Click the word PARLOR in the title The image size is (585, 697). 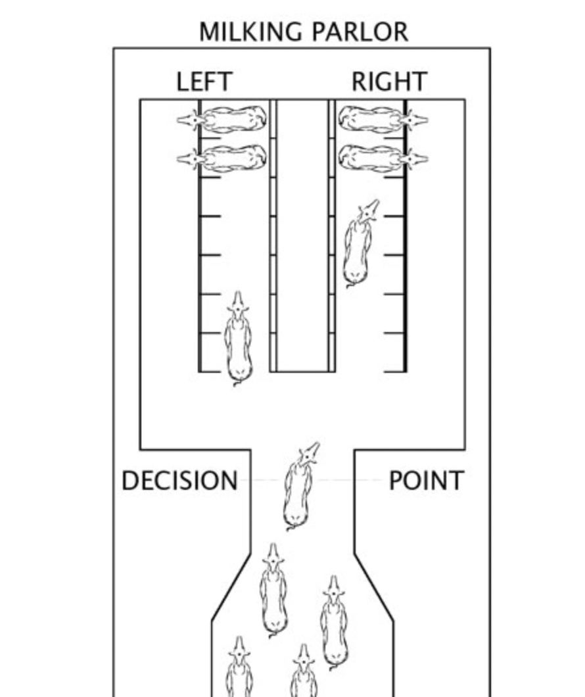click(x=360, y=32)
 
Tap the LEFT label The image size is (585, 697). click(x=204, y=82)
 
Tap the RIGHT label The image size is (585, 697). click(x=390, y=82)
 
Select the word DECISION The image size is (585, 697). click(x=179, y=481)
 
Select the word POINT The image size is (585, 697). click(x=427, y=481)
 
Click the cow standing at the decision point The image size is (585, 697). click(x=300, y=486)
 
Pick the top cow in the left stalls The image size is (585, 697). click(x=222, y=119)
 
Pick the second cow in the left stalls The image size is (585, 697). click(x=222, y=158)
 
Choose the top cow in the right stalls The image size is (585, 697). click(x=383, y=119)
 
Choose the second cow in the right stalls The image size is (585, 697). click(x=383, y=158)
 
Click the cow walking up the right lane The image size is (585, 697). click(x=360, y=243)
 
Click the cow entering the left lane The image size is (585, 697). click(x=238, y=339)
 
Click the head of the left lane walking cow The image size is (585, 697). click(x=238, y=305)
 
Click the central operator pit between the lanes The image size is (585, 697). click(x=302, y=235)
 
